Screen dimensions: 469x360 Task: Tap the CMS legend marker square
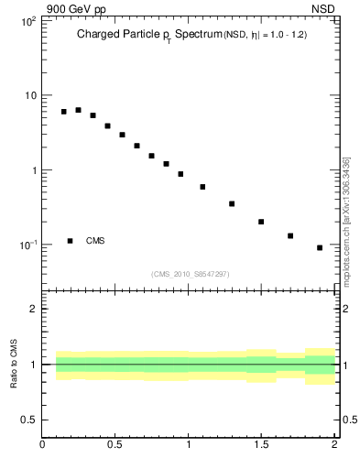point(70,241)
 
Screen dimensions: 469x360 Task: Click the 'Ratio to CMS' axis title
point(14,365)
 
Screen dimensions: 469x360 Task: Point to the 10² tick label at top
point(27,20)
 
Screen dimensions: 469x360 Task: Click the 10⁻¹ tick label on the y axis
point(27,245)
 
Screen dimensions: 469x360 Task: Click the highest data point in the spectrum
point(78,110)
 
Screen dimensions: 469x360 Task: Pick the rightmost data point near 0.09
point(320,247)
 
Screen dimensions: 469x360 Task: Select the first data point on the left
point(64,112)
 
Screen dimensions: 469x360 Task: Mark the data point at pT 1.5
point(261,222)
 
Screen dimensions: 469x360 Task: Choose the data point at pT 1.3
point(232,203)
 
